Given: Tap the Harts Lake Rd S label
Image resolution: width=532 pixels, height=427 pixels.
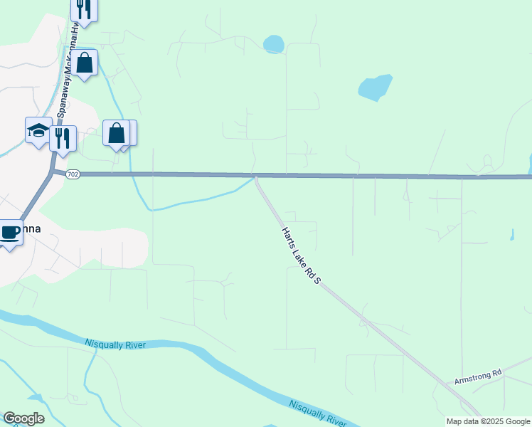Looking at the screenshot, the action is point(302,257).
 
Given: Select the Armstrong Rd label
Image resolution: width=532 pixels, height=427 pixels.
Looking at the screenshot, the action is point(478,376).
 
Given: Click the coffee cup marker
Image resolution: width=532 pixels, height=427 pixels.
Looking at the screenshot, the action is point(10,232).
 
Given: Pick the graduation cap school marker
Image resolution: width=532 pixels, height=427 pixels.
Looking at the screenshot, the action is point(38,130).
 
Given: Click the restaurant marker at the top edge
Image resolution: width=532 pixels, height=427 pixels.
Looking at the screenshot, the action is point(84,9).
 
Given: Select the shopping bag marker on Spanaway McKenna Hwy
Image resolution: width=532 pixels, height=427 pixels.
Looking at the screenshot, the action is point(84,63).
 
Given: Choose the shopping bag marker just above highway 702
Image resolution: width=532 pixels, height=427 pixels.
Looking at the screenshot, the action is point(116,133).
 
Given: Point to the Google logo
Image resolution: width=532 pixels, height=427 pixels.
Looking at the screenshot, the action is point(23,418).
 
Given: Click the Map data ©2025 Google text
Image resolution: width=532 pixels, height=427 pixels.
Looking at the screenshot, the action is point(488,421).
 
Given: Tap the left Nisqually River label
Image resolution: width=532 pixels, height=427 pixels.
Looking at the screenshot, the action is point(115,344).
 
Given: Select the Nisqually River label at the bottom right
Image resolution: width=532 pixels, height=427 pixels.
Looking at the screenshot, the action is point(317,413).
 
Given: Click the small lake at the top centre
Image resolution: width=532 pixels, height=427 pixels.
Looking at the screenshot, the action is point(274,45).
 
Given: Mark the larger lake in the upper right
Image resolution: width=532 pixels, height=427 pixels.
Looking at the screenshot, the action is point(375,88).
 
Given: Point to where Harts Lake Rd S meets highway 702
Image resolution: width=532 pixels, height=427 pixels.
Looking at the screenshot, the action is point(256,175).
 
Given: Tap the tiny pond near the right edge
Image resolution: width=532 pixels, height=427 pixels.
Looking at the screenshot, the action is point(512,234).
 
